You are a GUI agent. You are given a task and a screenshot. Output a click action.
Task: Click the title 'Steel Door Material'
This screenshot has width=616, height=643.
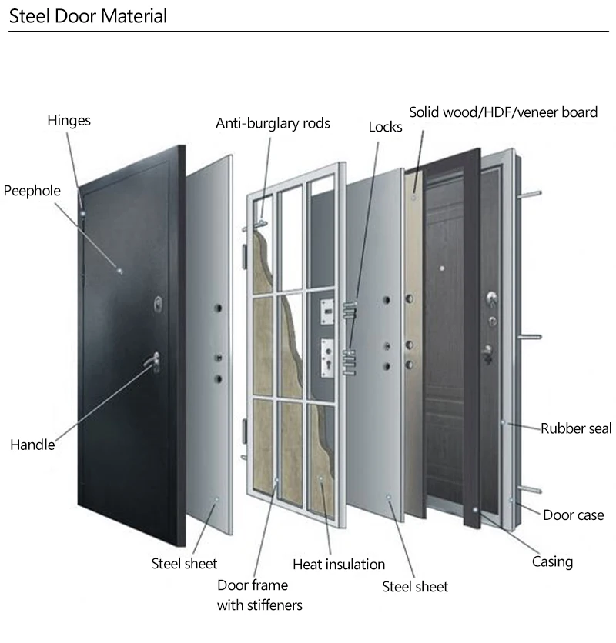pyautogui.click(x=88, y=15)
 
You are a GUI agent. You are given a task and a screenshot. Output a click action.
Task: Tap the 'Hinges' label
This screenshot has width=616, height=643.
pyautogui.click(x=69, y=120)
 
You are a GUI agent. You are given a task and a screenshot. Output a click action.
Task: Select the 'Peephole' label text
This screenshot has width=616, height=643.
pyautogui.click(x=32, y=190)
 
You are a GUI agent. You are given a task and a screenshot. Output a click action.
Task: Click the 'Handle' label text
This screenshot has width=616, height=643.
pyautogui.click(x=32, y=444)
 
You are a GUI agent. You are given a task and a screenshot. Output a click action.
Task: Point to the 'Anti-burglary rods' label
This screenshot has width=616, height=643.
pyautogui.click(x=273, y=123)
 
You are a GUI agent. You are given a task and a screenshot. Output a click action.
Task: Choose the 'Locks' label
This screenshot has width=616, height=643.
pyautogui.click(x=385, y=126)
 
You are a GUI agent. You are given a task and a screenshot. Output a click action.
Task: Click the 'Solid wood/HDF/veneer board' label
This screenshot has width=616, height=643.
pyautogui.click(x=503, y=112)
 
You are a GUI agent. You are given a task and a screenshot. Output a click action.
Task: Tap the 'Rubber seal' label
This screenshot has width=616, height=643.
pyautogui.click(x=575, y=428)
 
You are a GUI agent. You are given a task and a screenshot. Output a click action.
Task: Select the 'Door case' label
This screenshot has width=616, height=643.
pyautogui.click(x=574, y=515)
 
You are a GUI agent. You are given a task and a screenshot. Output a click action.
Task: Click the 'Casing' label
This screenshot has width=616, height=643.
pyautogui.click(x=552, y=561)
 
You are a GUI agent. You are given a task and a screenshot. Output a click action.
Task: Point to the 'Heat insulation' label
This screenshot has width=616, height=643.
pyautogui.click(x=339, y=564)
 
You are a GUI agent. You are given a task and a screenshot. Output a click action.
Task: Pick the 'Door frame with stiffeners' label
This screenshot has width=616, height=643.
pyautogui.click(x=259, y=595)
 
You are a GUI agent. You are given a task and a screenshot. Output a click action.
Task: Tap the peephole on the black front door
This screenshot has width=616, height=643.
pyautogui.click(x=119, y=269)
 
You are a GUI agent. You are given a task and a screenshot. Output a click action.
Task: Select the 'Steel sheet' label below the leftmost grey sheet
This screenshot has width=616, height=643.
pyautogui.click(x=184, y=564)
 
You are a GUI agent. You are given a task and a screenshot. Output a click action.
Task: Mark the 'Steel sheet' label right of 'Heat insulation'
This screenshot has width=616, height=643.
pyautogui.click(x=415, y=587)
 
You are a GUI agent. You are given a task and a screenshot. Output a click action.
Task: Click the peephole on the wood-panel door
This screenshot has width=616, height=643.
pyautogui.click(x=442, y=268)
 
